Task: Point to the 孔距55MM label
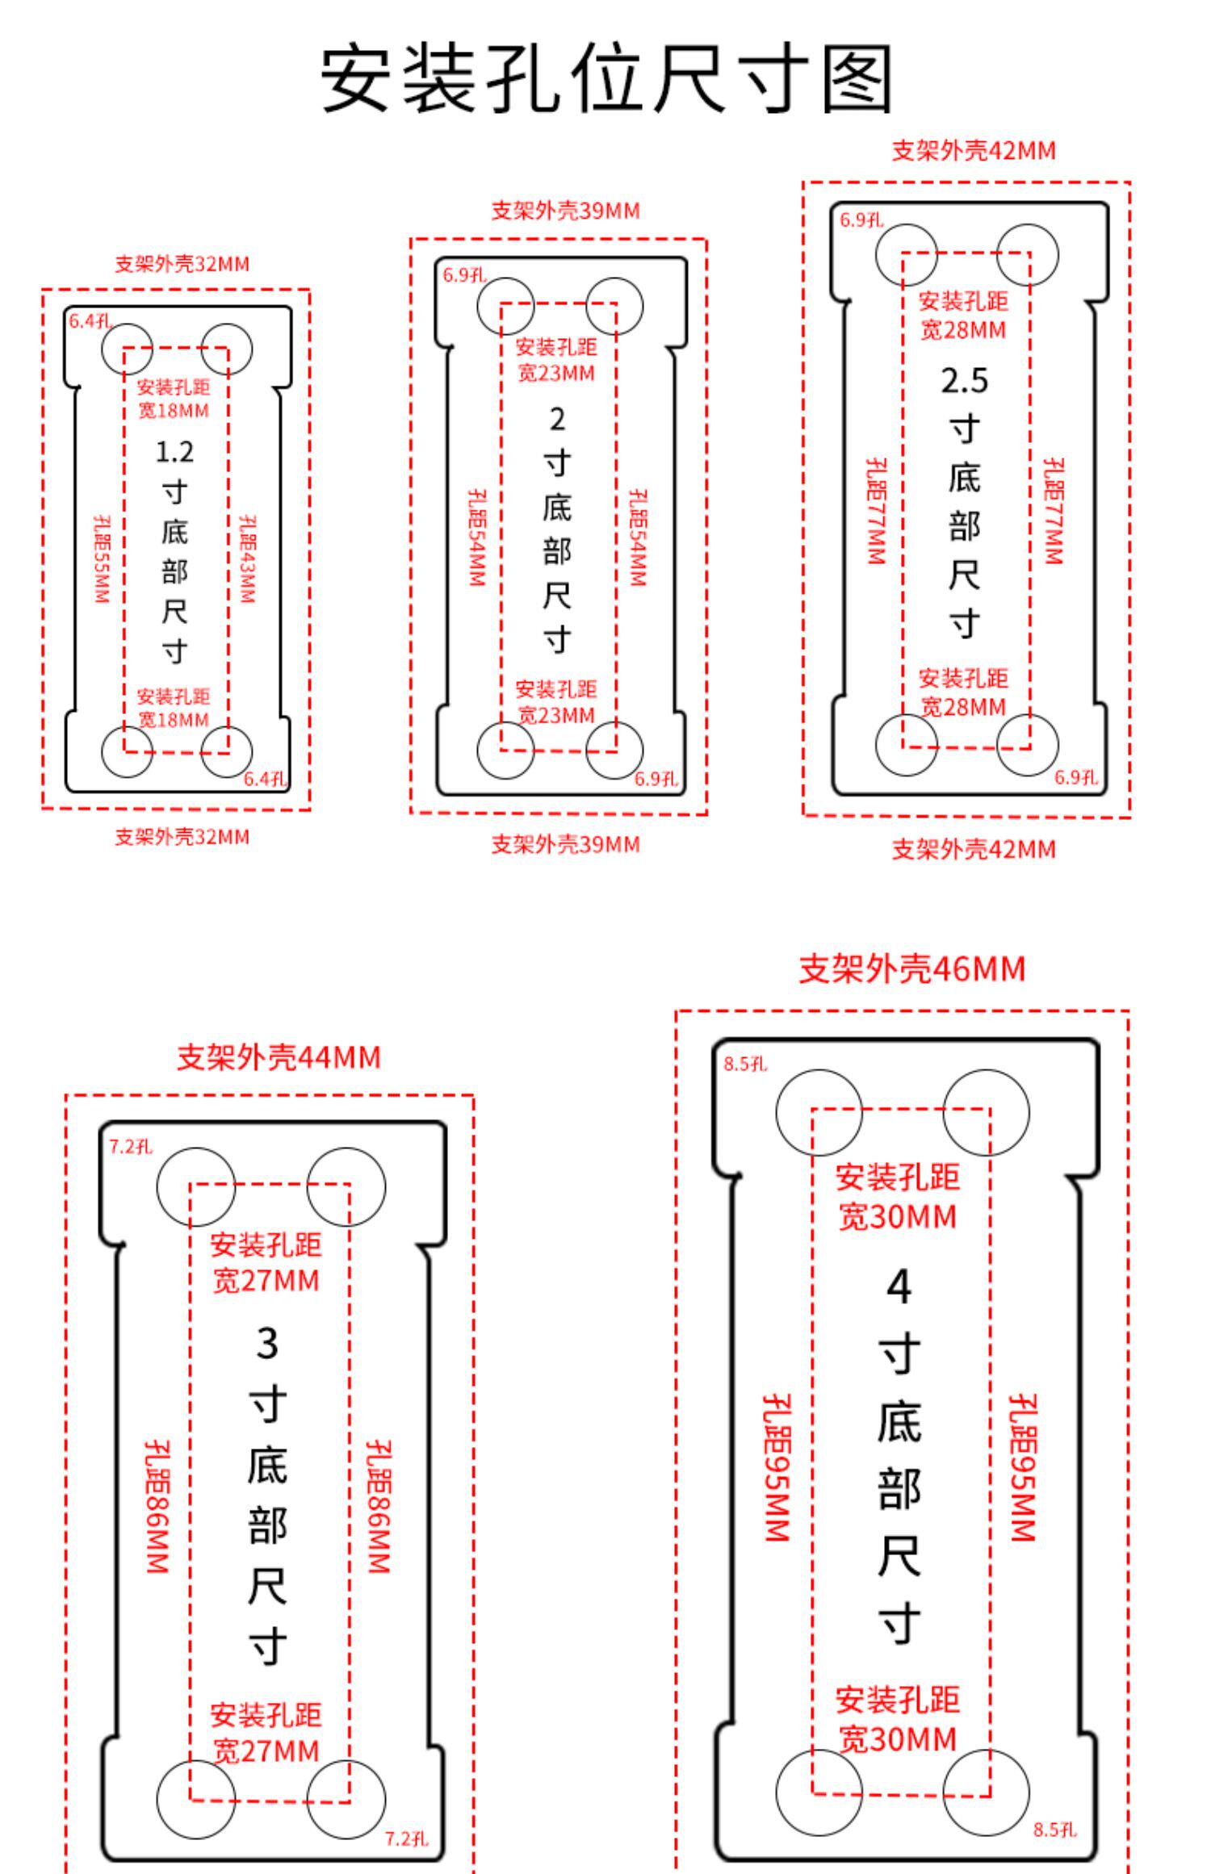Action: (100, 559)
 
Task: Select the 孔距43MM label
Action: (247, 559)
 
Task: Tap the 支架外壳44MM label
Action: (279, 1057)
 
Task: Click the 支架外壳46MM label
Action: (911, 968)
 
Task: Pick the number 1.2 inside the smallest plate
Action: (174, 451)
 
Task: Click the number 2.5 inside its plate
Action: (964, 381)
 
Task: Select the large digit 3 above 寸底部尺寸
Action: (267, 1344)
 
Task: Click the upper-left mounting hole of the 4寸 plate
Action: (819, 1112)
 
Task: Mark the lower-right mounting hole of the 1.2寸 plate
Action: (227, 751)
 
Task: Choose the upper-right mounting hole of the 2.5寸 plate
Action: (1027, 255)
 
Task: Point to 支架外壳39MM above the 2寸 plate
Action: (565, 211)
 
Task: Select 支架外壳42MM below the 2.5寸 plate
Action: (973, 849)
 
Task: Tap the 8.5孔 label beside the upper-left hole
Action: (745, 1065)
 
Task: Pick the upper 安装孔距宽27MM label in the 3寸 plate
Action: (266, 1262)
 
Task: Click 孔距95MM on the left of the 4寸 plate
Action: (777, 1468)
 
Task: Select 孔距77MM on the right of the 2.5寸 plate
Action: (1053, 511)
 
